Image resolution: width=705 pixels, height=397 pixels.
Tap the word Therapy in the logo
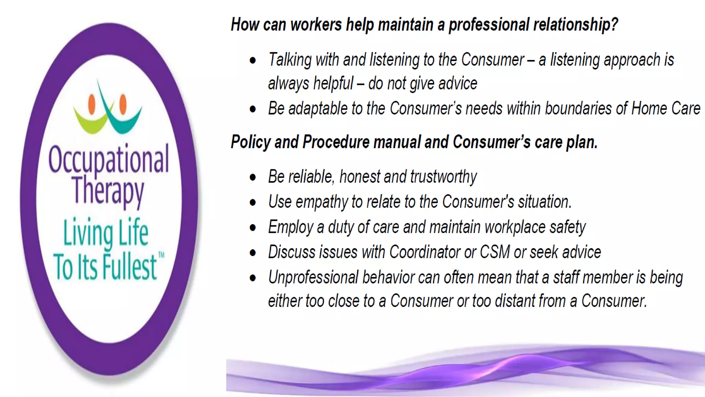pos(108,190)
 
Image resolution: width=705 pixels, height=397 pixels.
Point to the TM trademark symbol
pos(161,255)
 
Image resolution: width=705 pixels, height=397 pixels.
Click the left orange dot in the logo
pos(92,104)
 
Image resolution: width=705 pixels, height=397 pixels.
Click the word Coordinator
pos(424,252)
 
